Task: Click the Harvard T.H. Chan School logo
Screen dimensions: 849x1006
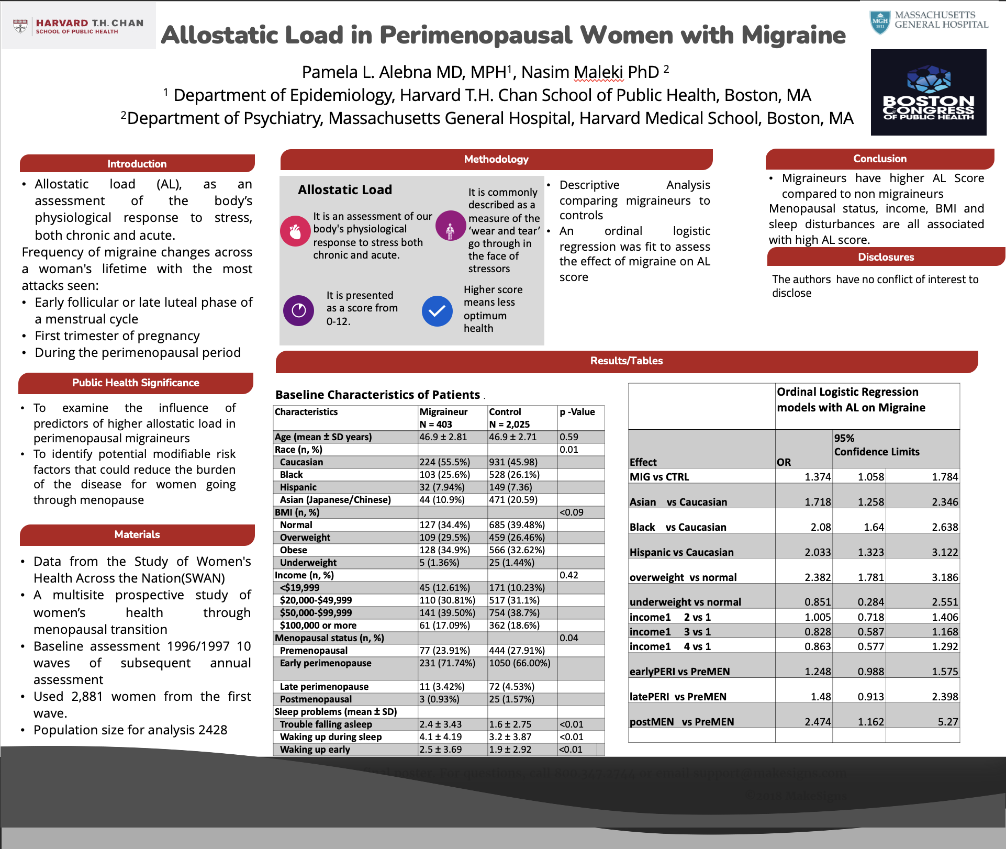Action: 79,26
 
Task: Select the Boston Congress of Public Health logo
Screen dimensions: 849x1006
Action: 928,93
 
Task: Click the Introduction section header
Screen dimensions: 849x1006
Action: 137,164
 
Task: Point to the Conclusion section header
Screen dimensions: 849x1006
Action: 879,159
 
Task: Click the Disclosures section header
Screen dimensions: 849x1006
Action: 886,257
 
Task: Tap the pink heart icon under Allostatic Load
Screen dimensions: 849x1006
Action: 295,231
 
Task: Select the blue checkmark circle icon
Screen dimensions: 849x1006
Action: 437,311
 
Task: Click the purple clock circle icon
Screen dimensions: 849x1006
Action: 298,310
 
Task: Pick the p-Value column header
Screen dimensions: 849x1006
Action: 577,412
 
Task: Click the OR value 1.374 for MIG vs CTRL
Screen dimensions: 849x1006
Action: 817,477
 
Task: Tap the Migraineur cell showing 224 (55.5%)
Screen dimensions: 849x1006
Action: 444,462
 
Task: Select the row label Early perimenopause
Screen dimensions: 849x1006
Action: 326,663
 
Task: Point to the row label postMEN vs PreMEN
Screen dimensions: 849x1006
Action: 681,722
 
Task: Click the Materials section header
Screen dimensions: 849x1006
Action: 137,534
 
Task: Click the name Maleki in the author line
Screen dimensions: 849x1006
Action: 599,72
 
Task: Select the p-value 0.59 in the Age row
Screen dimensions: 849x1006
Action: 568,437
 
